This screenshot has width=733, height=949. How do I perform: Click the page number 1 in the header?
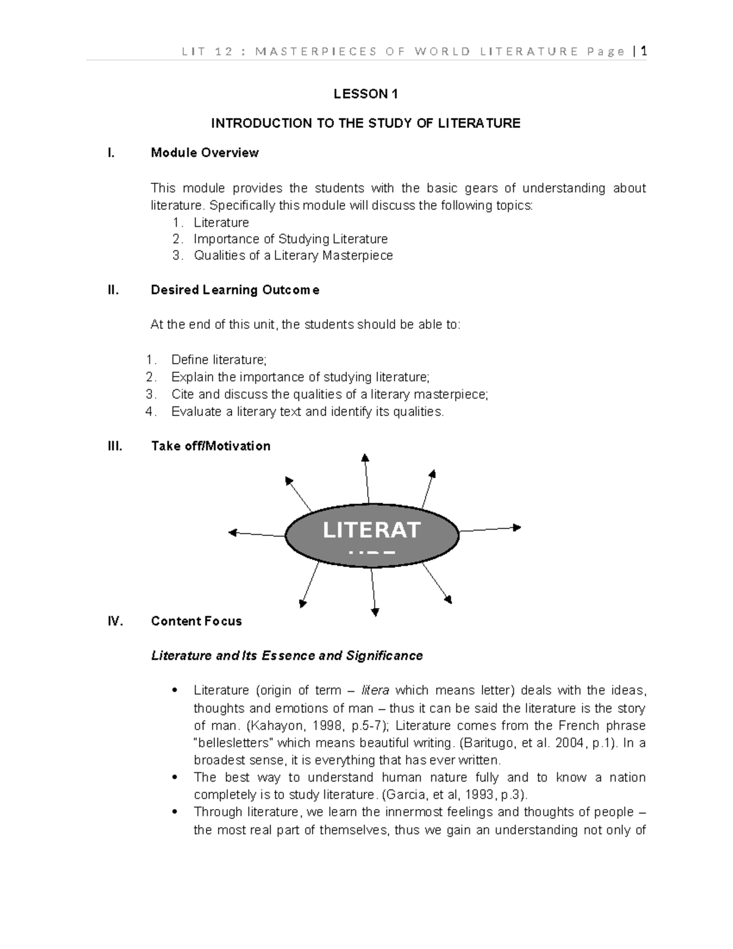pos(643,51)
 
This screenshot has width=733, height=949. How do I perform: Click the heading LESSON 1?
pos(365,94)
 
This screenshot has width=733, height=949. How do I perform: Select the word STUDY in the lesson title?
pos(391,123)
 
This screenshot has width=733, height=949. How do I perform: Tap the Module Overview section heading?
pos(205,153)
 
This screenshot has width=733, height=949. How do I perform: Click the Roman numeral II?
pos(112,290)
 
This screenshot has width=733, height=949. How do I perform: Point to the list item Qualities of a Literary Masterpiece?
pos(293,255)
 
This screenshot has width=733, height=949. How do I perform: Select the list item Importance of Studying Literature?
pos(290,239)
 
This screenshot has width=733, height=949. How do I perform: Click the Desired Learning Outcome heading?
pos(235,290)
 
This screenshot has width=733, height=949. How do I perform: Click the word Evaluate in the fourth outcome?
pos(196,411)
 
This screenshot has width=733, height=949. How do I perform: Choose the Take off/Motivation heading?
pos(210,446)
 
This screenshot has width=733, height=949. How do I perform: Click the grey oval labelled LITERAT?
pos(371,533)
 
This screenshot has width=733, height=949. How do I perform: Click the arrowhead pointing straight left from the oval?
pos(232,532)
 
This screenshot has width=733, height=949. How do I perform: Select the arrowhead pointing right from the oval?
pos(517,527)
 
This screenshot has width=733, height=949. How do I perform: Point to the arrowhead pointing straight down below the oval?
pos(376,612)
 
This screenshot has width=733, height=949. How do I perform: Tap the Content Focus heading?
pos(196,621)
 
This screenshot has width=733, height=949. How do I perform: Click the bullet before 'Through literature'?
pos(175,812)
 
